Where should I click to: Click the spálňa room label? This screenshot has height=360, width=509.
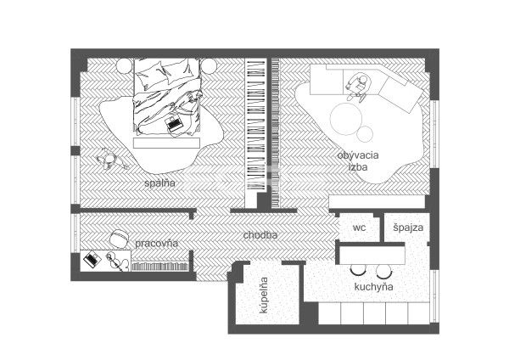pyautogui.click(x=159, y=183)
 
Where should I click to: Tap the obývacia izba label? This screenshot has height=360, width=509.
pyautogui.click(x=358, y=160)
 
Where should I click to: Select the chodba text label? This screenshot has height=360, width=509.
pyautogui.click(x=260, y=235)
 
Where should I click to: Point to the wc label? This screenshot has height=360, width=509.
pyautogui.click(x=359, y=228)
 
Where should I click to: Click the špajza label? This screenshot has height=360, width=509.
pyautogui.click(x=408, y=228)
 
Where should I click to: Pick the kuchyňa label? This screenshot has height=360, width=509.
pyautogui.click(x=373, y=287)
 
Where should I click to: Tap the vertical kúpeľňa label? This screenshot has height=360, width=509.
pyautogui.click(x=264, y=295)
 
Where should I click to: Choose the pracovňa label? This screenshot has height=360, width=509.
pyautogui.click(x=156, y=244)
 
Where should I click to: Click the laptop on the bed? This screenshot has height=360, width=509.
pyautogui.click(x=174, y=123)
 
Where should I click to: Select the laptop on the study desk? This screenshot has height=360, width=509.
pyautogui.click(x=92, y=259)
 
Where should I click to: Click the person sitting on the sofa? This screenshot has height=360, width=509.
pyautogui.click(x=357, y=87)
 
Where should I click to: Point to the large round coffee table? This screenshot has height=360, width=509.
pyautogui.click(x=346, y=119)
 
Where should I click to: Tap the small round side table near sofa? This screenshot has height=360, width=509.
pyautogui.click(x=365, y=133)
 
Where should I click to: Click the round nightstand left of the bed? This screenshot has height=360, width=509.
pyautogui.click(x=125, y=66)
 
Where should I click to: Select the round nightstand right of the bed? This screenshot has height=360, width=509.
pyautogui.click(x=208, y=66)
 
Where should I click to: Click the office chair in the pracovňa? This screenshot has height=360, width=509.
pyautogui.click(x=118, y=239)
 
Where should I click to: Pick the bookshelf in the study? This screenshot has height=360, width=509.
pyautogui.click(x=160, y=267)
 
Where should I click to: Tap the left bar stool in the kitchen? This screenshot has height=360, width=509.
pyautogui.click(x=358, y=269)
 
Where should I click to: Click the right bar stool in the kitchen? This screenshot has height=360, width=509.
pyautogui.click(x=384, y=271)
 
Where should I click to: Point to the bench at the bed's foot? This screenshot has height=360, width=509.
pyautogui.click(x=166, y=143)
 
